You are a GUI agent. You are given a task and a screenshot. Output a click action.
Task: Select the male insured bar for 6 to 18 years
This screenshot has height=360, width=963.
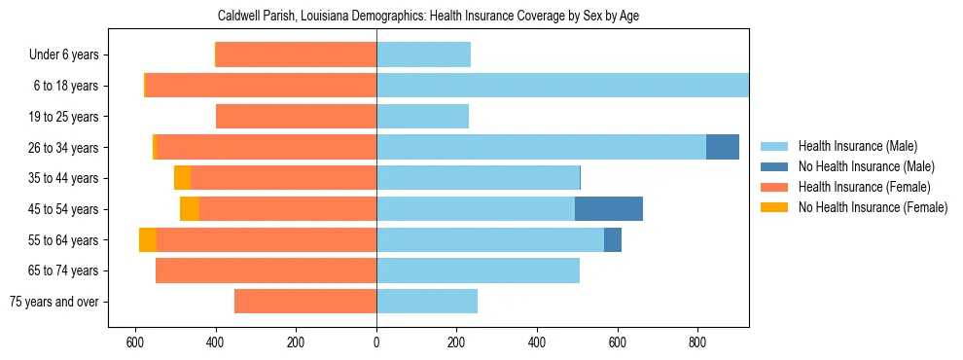[562, 86]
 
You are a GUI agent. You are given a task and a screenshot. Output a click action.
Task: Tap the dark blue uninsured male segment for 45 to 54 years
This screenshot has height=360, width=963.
[609, 209]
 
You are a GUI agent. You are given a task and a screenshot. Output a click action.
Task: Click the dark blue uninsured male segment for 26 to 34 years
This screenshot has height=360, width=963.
[723, 147]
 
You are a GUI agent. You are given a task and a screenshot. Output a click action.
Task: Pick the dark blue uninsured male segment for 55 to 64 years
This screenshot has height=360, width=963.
[613, 240]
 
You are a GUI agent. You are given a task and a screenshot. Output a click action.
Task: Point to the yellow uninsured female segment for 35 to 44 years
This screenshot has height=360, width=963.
[182, 178]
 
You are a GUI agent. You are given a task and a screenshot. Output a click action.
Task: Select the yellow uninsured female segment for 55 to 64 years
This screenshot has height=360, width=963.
[148, 240]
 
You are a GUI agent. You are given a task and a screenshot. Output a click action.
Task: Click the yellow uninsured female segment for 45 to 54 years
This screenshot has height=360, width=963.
[190, 209]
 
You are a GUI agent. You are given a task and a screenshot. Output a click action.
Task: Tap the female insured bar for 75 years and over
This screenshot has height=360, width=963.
[305, 302]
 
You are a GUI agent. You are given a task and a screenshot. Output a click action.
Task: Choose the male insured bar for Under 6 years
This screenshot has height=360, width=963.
[423, 54]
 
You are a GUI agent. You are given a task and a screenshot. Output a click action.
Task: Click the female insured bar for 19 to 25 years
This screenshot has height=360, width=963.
[296, 117]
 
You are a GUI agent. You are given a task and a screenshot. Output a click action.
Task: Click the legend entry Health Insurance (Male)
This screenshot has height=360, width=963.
[857, 146]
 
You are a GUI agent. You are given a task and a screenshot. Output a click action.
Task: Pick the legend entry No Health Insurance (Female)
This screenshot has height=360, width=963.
[873, 207]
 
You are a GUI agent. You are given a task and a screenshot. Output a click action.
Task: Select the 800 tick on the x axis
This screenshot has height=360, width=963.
[696, 342]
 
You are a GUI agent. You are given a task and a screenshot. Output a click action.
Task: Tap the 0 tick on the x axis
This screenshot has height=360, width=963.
[376, 342]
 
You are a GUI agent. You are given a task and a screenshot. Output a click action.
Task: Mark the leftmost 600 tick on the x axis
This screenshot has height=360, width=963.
[135, 342]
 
